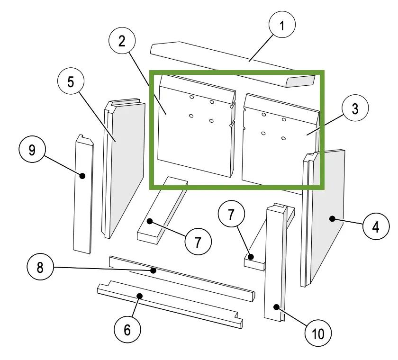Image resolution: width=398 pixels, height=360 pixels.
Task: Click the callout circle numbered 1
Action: coord(281,25)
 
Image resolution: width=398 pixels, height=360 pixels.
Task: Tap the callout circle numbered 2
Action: coord(122,41)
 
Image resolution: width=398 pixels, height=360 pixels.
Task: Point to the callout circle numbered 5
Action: coord(71,82)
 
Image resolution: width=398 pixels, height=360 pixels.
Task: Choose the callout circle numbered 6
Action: coord(127,329)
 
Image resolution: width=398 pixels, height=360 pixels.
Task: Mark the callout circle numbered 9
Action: coord(32,150)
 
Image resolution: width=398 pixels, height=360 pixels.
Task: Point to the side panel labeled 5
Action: coord(126,166)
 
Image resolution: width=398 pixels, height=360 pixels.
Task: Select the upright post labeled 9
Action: coord(83,199)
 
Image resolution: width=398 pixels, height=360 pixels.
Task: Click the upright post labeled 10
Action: coord(275,265)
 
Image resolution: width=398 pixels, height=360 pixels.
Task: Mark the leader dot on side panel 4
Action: coord(333,218)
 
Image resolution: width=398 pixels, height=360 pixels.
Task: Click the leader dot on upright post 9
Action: coord(82,176)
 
